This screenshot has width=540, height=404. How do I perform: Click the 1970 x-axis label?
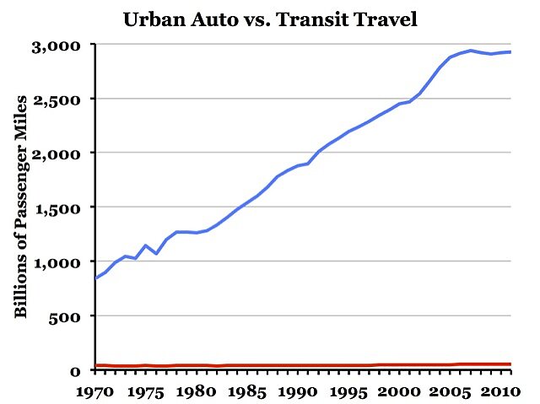(x=94, y=392)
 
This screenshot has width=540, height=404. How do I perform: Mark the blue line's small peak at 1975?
(x=146, y=245)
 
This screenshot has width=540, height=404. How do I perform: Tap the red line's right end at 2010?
(x=510, y=364)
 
